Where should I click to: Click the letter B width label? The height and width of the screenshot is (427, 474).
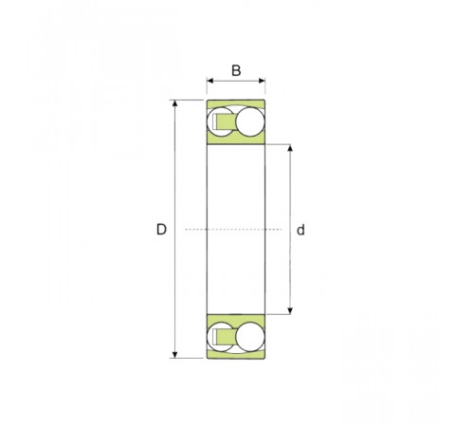[236, 70]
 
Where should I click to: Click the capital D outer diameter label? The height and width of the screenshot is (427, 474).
[161, 230]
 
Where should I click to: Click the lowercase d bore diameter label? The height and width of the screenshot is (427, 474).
[301, 230]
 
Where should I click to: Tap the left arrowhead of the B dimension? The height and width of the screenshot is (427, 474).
[210, 81]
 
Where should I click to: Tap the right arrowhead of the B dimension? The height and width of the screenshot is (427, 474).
[262, 81]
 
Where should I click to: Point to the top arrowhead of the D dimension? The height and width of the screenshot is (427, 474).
[175, 103]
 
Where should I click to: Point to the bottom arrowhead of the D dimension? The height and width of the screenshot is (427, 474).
[175, 355]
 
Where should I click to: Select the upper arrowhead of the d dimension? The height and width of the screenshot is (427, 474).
[290, 148]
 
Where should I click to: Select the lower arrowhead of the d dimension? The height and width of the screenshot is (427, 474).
[290, 311]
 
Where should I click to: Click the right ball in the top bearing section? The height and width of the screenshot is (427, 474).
[250, 121]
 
